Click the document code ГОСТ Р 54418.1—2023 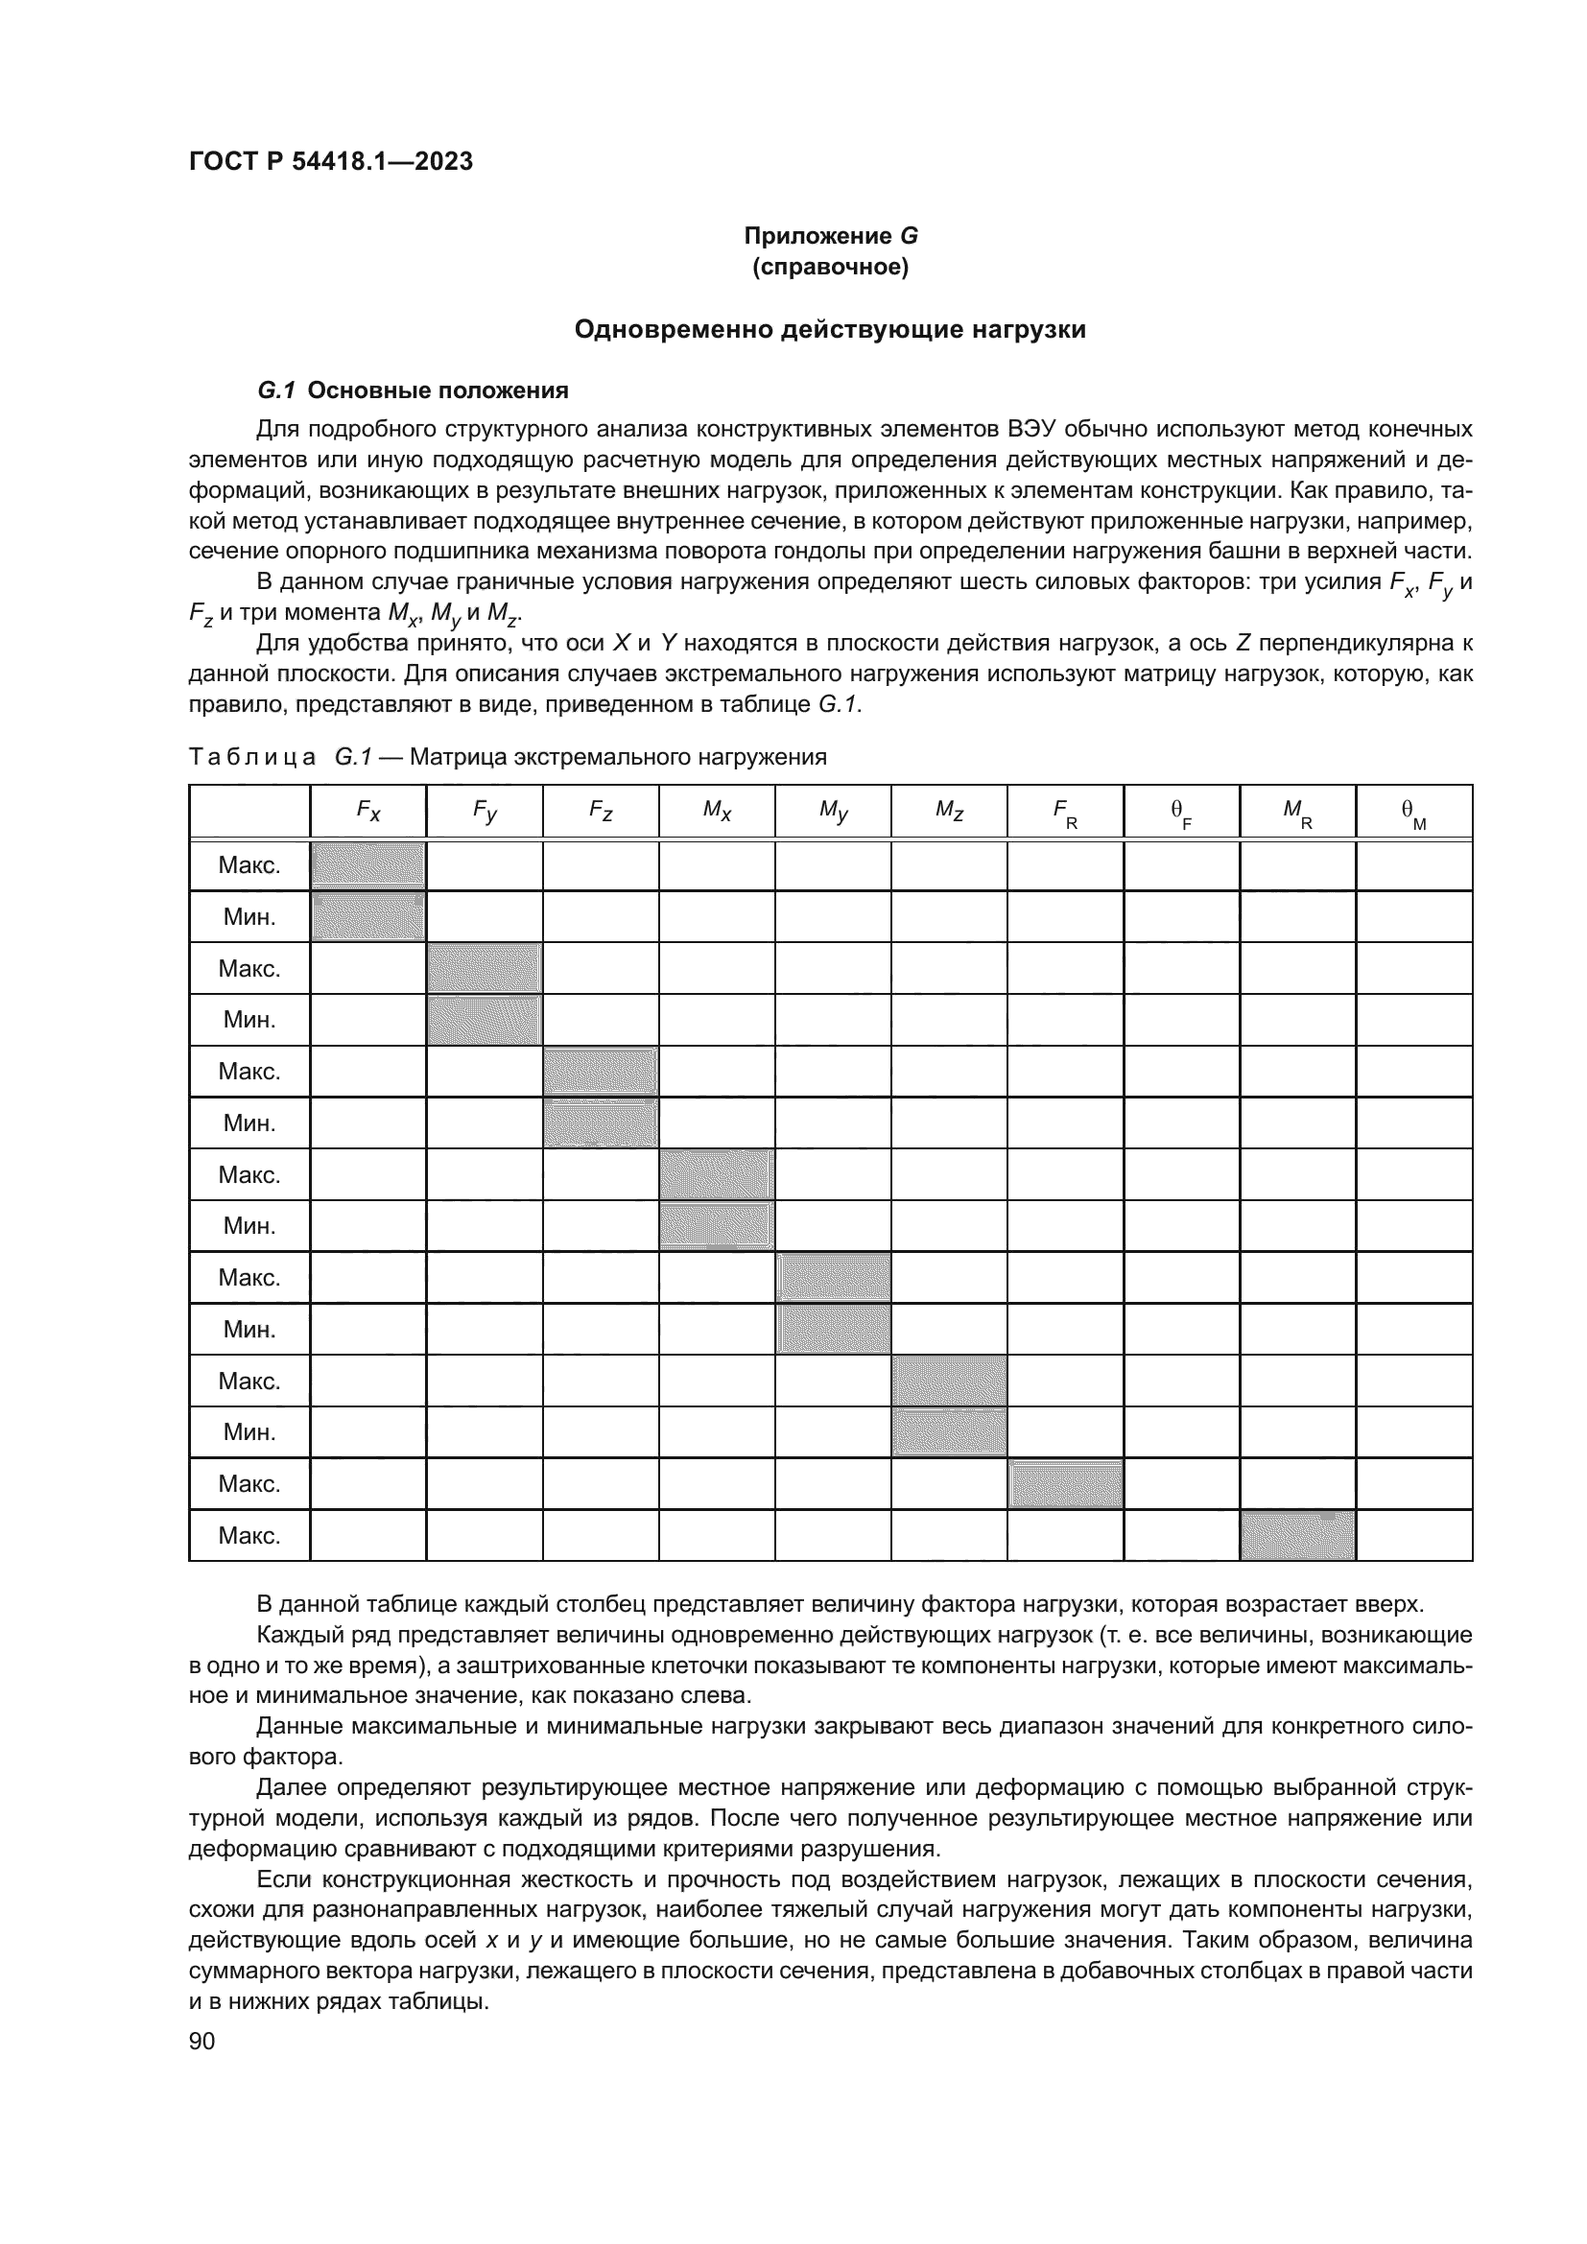point(330,162)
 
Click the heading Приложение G point(831,236)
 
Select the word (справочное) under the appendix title point(831,268)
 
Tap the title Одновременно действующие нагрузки point(830,329)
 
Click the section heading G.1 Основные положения point(413,390)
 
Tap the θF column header point(1180,813)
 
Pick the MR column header point(1297,813)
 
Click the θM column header point(1413,813)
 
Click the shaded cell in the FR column point(1065,1483)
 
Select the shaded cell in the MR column point(1297,1535)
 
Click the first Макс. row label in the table point(249,866)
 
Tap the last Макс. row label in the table point(249,1535)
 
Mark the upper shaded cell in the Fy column point(485,969)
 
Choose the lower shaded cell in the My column point(833,1329)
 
